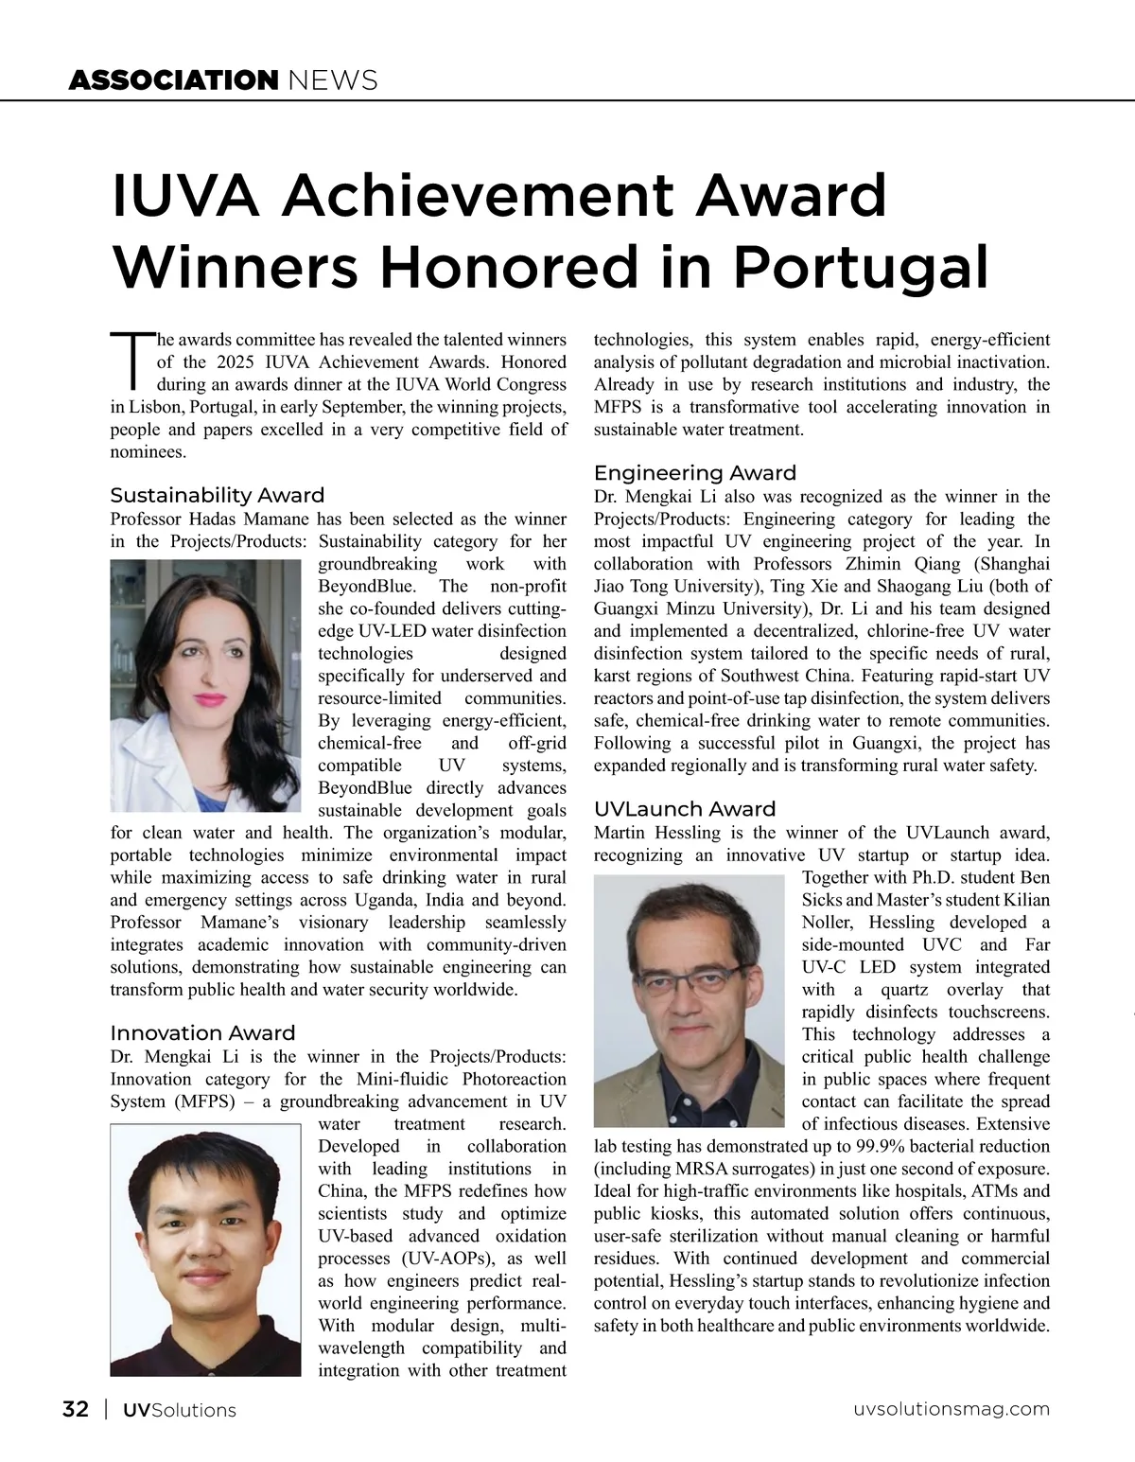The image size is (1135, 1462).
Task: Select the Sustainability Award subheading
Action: [x=217, y=495]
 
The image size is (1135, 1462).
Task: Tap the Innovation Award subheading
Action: [x=202, y=1032]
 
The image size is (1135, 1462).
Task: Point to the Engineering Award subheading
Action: [x=694, y=472]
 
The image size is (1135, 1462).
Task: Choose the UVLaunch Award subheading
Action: [x=684, y=809]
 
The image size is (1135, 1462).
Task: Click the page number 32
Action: [x=76, y=1409]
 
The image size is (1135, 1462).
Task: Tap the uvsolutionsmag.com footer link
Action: [x=951, y=1409]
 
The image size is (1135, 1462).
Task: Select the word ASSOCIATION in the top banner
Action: [x=172, y=80]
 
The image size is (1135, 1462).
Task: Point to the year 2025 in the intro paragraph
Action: [x=239, y=361]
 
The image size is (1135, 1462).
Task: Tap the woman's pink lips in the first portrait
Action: [x=209, y=700]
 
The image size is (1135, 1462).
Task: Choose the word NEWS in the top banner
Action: [x=331, y=80]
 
